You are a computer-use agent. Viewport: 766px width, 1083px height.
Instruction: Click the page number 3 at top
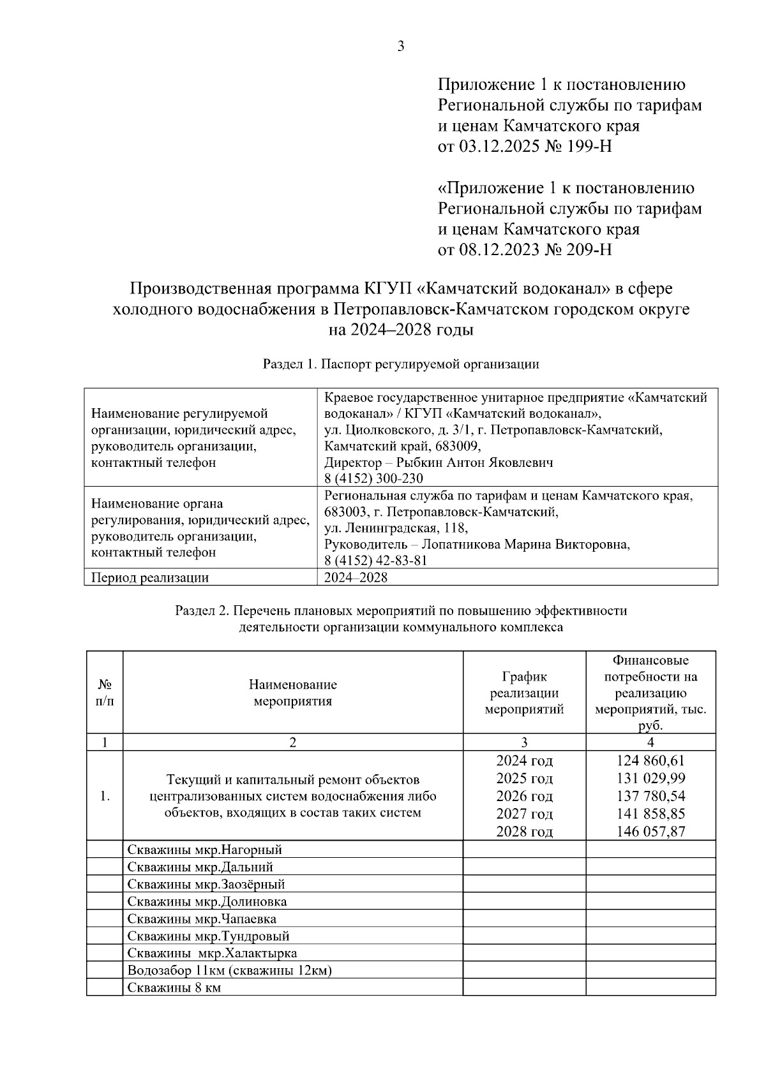coord(400,46)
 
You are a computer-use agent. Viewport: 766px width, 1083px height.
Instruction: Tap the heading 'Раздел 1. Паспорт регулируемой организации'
coord(400,364)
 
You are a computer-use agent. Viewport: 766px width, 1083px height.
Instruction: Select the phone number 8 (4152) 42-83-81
coord(375,561)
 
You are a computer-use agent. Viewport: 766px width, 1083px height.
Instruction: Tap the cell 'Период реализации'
coord(150,578)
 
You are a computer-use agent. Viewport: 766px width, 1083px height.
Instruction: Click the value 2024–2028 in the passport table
coord(356,578)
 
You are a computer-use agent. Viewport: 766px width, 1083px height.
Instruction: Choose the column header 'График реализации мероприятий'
coord(524,693)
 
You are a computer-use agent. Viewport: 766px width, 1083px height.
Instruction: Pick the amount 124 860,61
coord(650,761)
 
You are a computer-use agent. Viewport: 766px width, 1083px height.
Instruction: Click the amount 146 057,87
coord(650,832)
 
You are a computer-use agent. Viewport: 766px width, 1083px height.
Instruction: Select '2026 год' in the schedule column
coord(524,797)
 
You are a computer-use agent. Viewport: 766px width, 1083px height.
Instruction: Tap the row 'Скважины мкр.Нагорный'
coord(204,850)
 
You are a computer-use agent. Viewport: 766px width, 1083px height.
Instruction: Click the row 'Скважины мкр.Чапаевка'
coord(202,919)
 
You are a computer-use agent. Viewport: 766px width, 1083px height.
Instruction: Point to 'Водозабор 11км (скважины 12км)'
coord(230,971)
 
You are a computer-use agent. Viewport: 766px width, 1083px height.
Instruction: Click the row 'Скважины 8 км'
coord(174,988)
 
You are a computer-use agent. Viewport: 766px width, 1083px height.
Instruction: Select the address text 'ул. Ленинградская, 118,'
coord(396,528)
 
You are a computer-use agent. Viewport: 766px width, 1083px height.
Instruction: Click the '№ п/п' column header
coord(105,693)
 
